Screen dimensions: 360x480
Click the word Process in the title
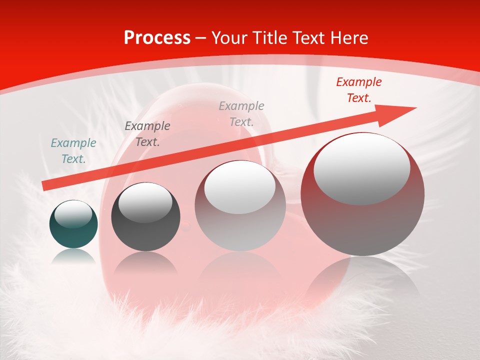click(x=157, y=38)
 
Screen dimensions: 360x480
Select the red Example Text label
click(x=358, y=90)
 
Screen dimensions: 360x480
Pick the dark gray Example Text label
click(x=147, y=134)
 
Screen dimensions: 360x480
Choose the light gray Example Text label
click(x=241, y=113)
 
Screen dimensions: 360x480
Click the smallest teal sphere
click(x=73, y=232)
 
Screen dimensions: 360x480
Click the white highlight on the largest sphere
click(x=361, y=169)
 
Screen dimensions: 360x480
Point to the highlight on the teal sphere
click(x=73, y=214)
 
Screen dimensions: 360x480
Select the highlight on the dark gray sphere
click(x=145, y=203)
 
